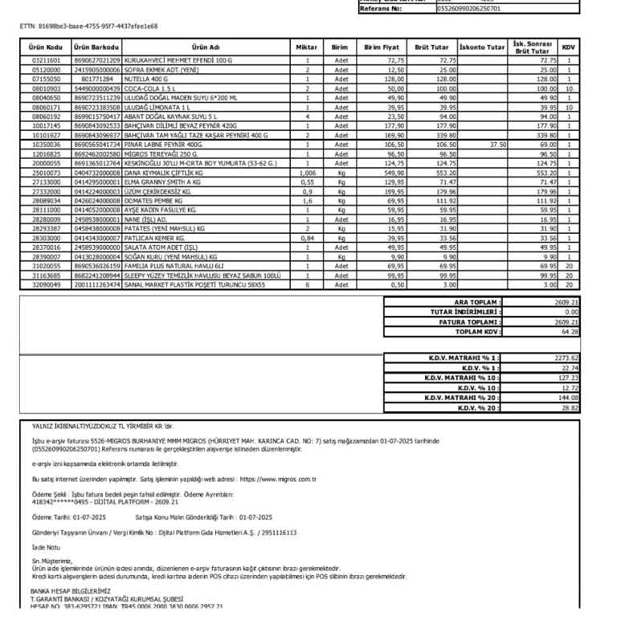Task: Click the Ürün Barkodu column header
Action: point(97,47)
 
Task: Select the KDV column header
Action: point(568,47)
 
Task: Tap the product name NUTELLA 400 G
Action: point(146,79)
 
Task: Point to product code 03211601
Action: point(47,60)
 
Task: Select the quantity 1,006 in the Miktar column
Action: point(307,173)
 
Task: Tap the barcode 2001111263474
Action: point(97,284)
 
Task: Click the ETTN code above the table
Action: point(88,26)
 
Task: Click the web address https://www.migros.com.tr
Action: point(272,479)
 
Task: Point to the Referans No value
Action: point(468,9)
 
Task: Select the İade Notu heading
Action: point(46,547)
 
